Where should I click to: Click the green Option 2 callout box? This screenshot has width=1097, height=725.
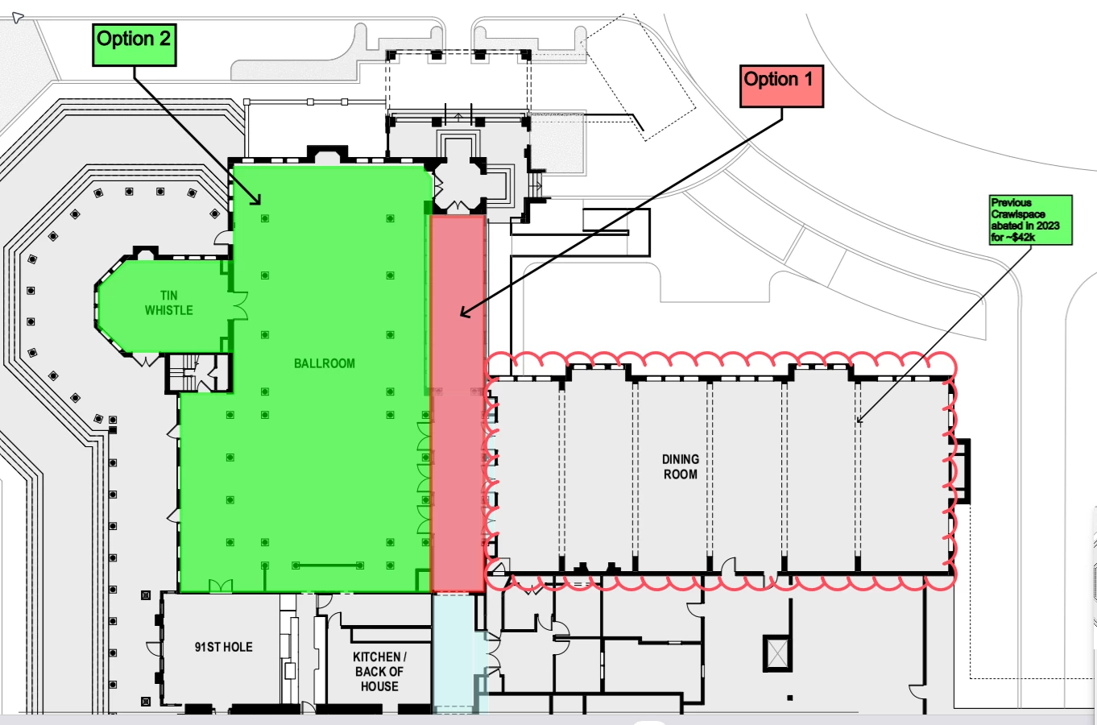(135, 45)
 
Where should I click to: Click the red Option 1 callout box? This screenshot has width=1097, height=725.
(781, 86)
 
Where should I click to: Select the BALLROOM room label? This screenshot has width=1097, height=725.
(325, 363)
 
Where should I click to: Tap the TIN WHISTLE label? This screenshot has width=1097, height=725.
(169, 303)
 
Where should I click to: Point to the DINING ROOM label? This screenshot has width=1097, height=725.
(681, 467)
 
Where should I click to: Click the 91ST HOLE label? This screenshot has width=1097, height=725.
(224, 647)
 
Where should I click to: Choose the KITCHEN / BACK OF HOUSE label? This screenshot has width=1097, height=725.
(379, 671)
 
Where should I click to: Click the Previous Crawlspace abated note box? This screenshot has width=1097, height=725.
(1030, 220)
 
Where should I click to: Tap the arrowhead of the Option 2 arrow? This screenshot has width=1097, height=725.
(257, 201)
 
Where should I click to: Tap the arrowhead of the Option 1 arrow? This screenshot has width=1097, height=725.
(463, 312)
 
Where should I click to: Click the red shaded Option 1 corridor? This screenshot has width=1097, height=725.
(458, 404)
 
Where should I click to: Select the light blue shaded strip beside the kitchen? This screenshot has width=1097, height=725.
(459, 652)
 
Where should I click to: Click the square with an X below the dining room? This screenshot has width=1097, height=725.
(777, 653)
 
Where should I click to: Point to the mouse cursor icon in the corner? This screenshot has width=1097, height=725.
(17, 18)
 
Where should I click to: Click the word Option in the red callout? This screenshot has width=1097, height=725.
(771, 80)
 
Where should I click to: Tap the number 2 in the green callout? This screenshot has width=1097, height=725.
(164, 39)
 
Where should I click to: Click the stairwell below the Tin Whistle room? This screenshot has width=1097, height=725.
(198, 373)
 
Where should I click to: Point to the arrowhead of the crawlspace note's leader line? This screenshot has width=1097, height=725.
(859, 420)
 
